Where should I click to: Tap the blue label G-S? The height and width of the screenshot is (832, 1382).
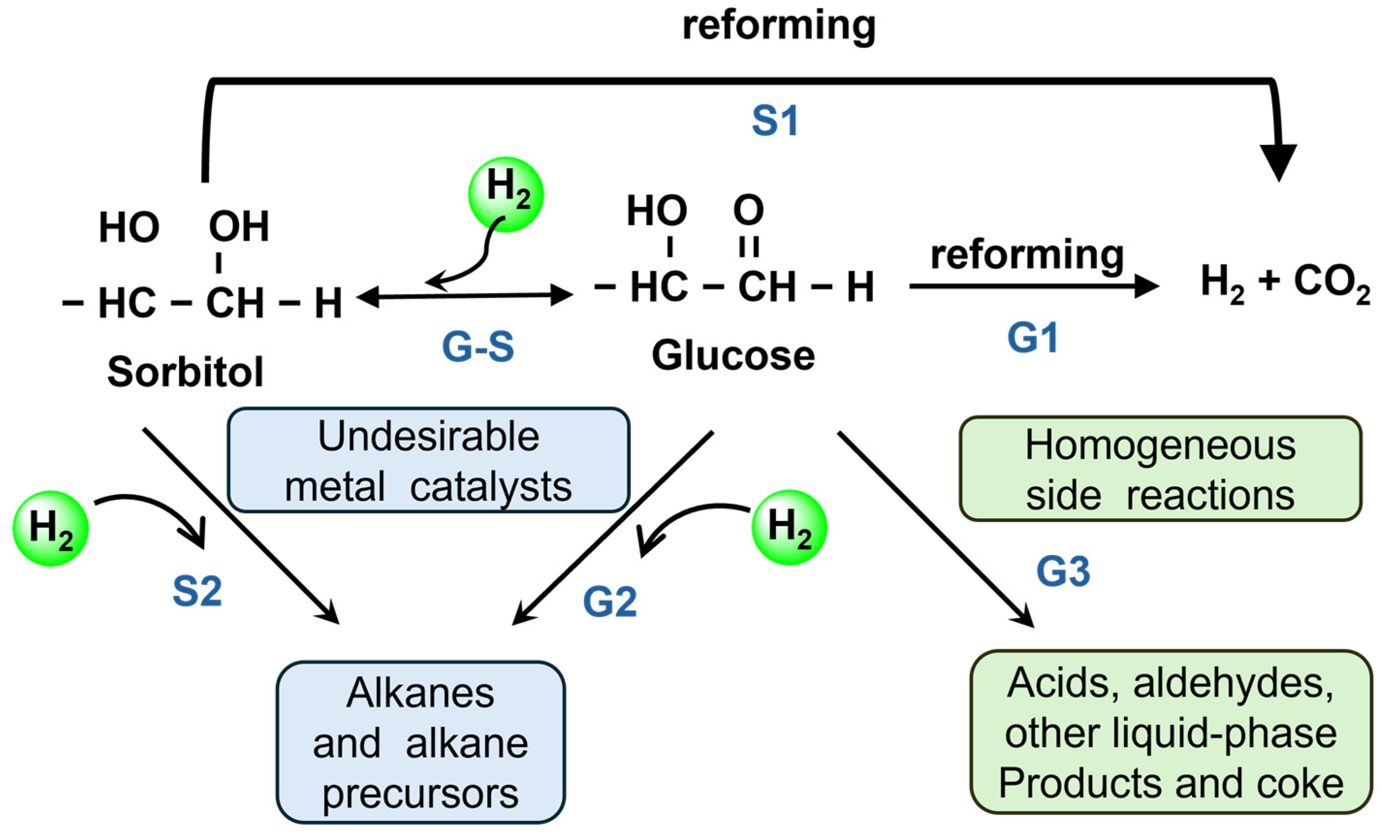point(478,346)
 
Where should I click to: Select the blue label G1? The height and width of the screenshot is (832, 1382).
point(1033,338)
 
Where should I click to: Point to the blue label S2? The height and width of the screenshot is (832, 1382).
point(197,591)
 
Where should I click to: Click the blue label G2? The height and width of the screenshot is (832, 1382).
point(610,601)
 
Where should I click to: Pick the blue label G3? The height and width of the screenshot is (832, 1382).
point(1063,571)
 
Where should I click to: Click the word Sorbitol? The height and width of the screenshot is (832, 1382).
point(185,372)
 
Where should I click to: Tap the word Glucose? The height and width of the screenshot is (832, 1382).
point(733,355)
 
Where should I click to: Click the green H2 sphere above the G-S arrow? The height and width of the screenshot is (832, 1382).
point(506,194)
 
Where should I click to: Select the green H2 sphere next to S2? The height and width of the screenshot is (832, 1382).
point(50,528)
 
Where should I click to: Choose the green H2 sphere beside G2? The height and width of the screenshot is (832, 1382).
point(789,527)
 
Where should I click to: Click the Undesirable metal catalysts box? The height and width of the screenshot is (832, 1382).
point(428,460)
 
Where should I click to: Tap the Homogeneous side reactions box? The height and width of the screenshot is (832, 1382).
point(1160,469)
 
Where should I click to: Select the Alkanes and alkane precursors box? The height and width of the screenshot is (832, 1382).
point(420,742)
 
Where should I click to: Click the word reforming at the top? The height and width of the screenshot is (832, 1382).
point(779,26)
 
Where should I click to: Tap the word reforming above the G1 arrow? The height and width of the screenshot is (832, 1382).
point(1027,255)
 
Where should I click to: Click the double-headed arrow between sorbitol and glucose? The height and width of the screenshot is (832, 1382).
point(464,295)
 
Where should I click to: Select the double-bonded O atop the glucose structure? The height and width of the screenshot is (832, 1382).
point(748,210)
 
